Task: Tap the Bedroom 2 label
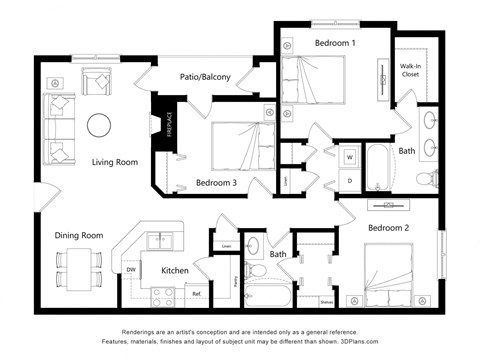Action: (x=390, y=228)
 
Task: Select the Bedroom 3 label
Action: (x=216, y=183)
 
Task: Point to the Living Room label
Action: (x=115, y=162)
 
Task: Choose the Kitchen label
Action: (x=175, y=270)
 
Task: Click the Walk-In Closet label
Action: (x=410, y=69)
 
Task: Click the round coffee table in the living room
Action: (x=99, y=125)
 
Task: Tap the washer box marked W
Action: (x=350, y=157)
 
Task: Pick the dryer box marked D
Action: (x=350, y=180)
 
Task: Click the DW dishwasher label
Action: (x=131, y=270)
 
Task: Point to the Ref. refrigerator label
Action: (x=197, y=293)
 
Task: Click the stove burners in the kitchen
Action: (x=162, y=295)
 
